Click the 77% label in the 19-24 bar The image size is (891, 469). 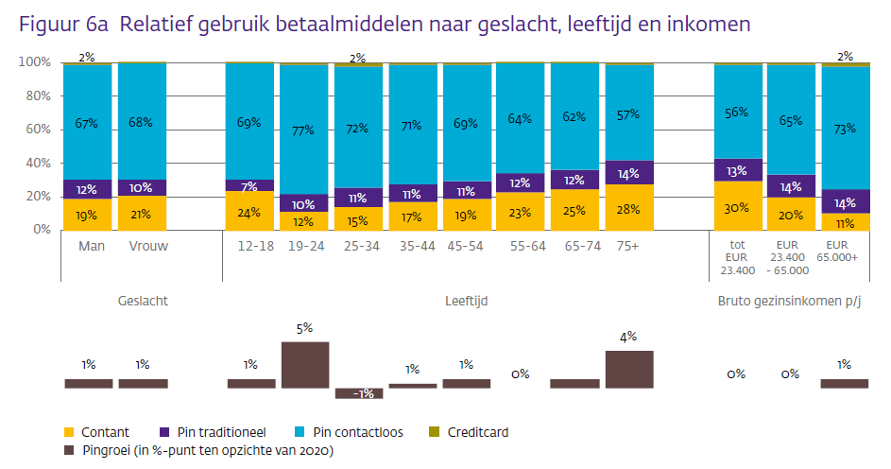[303, 130]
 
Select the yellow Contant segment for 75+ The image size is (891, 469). [629, 207]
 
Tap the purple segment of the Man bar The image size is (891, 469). [87, 189]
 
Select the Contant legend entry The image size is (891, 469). [97, 432]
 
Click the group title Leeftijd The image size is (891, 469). [467, 302]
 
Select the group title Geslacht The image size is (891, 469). [143, 302]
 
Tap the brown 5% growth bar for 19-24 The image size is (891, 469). [305, 365]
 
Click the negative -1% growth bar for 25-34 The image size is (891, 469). [359, 392]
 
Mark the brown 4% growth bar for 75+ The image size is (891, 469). [629, 369]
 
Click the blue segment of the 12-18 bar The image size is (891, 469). [249, 121]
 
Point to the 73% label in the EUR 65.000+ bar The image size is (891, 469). [846, 128]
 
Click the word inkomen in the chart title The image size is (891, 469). [704, 24]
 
